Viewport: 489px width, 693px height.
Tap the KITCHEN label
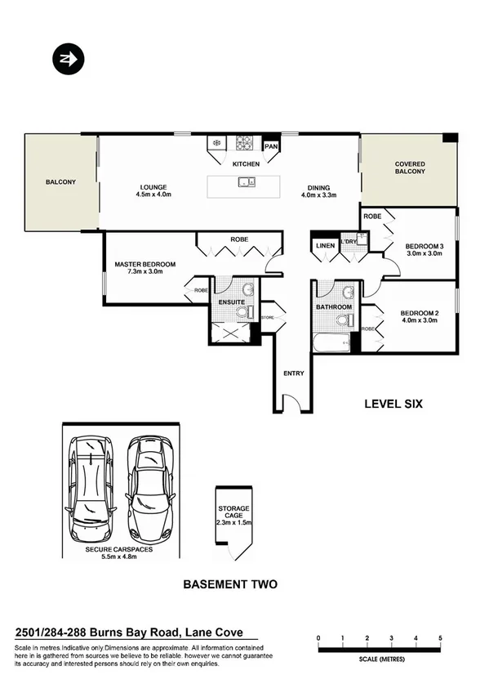click(x=246, y=164)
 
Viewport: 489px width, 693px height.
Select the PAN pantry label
click(x=272, y=147)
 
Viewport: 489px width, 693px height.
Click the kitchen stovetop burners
click(x=245, y=144)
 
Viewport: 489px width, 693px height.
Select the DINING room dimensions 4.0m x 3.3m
click(x=318, y=194)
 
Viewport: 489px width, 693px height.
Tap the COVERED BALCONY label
click(x=410, y=168)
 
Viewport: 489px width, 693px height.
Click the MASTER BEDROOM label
click(x=145, y=264)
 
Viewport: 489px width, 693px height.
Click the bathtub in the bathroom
click(x=331, y=342)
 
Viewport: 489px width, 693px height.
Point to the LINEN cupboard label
click(x=325, y=245)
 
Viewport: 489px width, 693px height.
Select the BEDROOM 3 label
click(x=425, y=245)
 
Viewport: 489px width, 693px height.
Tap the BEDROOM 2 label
click(x=420, y=312)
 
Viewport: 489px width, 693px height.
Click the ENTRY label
click(x=293, y=373)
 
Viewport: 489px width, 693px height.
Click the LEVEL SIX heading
click(x=392, y=404)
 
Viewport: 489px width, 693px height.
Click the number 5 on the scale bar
click(x=441, y=637)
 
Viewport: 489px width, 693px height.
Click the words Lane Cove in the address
click(x=213, y=632)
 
